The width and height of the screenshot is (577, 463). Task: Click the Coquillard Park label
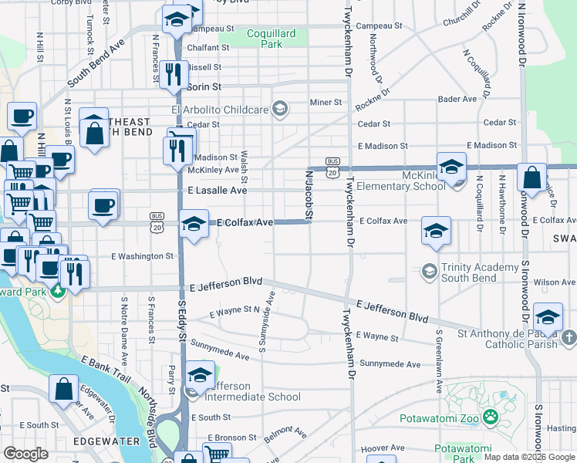[x=264, y=39]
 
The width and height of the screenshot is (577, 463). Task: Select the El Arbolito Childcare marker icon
[x=279, y=110]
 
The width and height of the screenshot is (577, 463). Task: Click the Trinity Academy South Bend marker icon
[x=429, y=271]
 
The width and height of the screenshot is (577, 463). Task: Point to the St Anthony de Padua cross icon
[x=569, y=337]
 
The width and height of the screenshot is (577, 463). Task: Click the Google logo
[x=25, y=453]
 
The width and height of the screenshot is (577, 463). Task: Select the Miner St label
[x=325, y=103]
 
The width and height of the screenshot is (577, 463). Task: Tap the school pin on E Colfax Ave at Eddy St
[x=193, y=224]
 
